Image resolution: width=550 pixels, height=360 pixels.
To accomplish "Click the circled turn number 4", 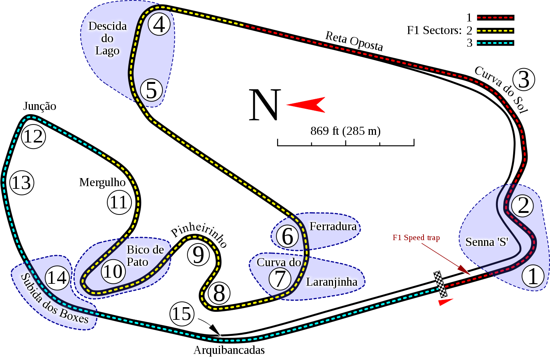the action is click(159, 24).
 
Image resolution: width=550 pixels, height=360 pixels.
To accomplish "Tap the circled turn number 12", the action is click(33, 136).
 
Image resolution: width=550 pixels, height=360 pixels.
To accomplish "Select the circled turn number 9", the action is click(199, 255).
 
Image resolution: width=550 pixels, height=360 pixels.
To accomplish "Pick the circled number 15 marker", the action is click(182, 314).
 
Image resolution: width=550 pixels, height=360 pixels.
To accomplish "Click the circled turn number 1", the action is click(533, 276).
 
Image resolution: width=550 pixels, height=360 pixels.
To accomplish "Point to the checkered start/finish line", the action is click(440, 284).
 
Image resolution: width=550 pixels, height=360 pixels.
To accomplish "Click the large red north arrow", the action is click(306, 105).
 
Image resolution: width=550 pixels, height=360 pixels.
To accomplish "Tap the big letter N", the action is click(265, 105).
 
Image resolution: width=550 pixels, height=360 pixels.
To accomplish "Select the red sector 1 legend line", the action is click(496, 18).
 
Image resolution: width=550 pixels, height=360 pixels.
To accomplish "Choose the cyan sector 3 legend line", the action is click(496, 43).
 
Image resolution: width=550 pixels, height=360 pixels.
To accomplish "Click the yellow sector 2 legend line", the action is click(496, 31).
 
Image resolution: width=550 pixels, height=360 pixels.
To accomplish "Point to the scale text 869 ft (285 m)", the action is click(345, 131).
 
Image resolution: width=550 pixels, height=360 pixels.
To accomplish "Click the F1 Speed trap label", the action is click(416, 237).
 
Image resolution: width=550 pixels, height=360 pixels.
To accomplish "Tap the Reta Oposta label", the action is click(354, 41).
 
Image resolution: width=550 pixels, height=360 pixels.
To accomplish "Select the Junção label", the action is click(39, 106).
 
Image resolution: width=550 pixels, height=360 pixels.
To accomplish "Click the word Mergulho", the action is click(102, 183).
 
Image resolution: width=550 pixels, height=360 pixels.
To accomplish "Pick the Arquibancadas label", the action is click(229, 350).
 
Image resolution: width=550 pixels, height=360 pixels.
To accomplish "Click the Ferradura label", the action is click(333, 226).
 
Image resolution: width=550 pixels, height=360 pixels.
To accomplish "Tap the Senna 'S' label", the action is click(487, 242).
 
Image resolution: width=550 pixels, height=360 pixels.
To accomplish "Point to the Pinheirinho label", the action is click(199, 234).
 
